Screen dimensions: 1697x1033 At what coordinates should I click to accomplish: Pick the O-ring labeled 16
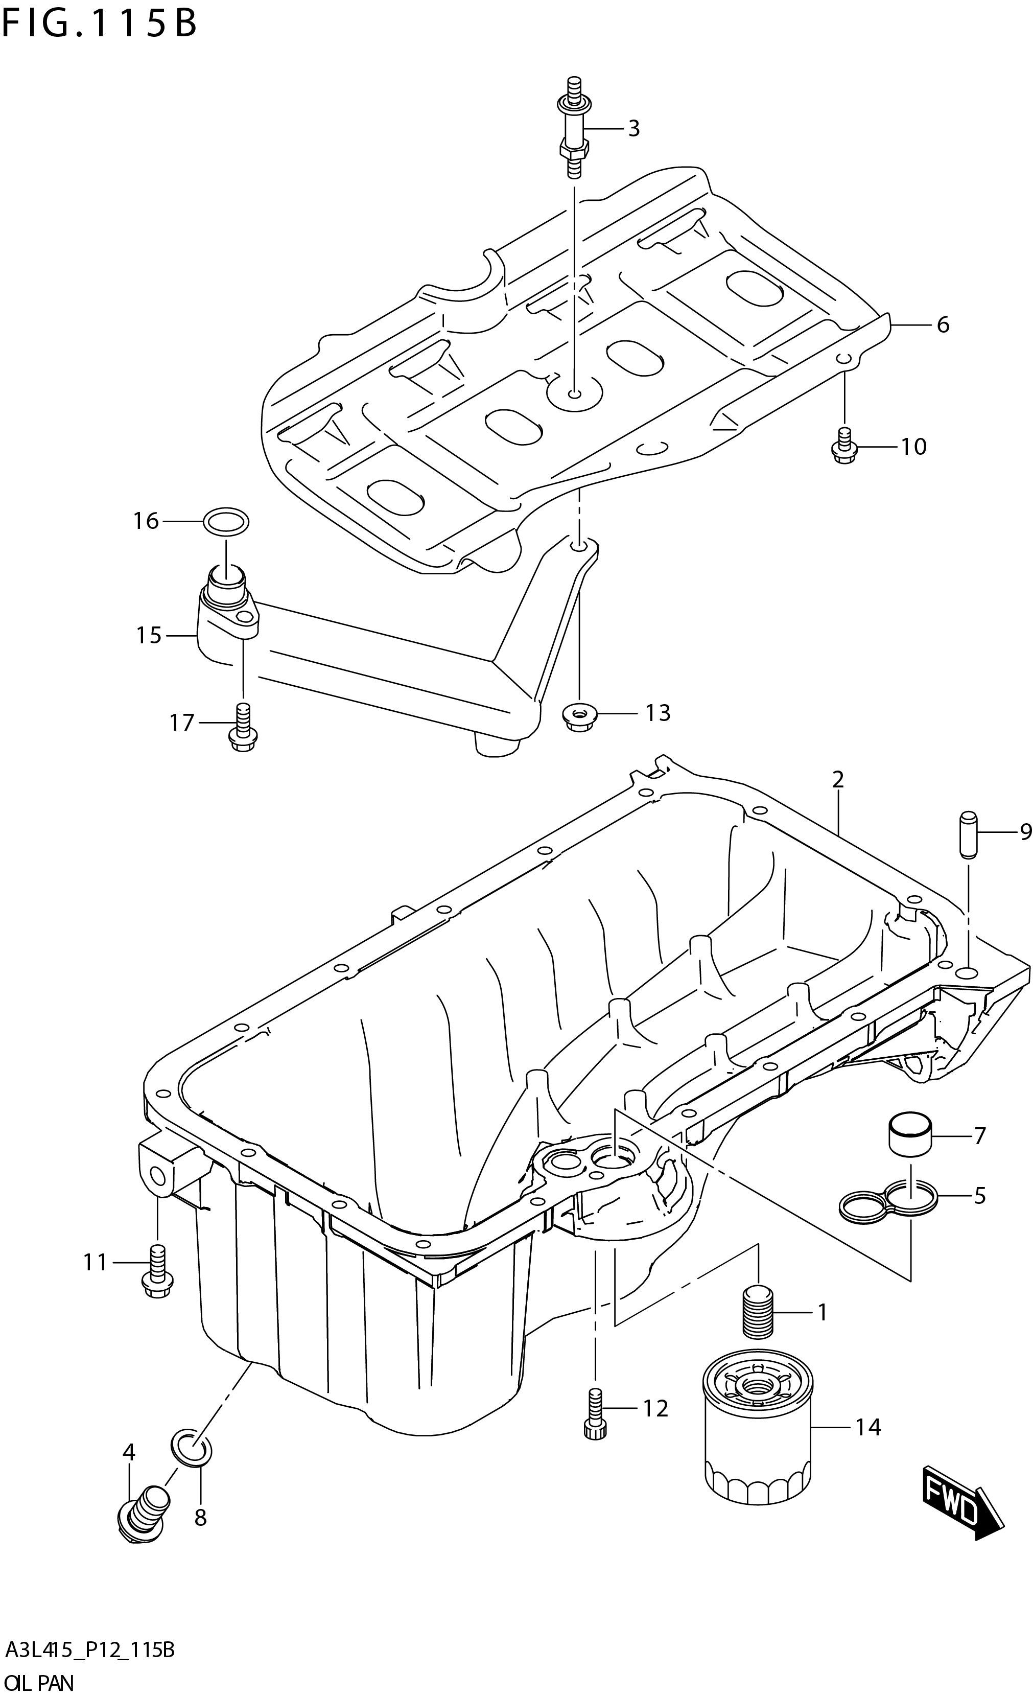coord(226,522)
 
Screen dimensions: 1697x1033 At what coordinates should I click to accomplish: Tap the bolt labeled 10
coord(843,446)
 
